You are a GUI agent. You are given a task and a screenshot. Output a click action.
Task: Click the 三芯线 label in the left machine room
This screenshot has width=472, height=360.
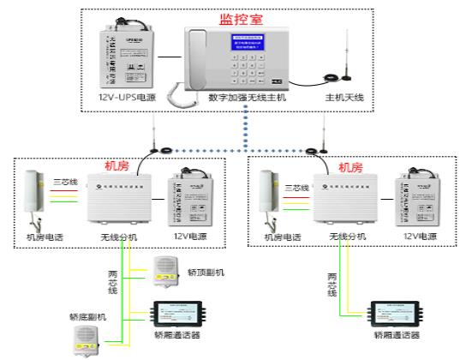click(67, 182)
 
